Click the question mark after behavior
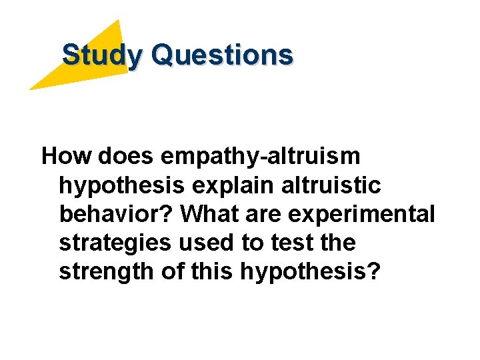(x=169, y=215)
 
